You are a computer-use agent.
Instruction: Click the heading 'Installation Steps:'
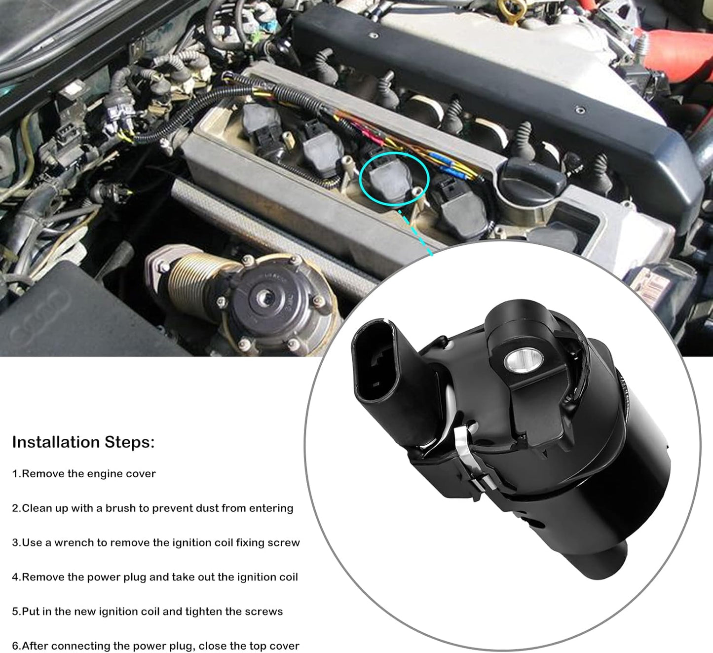[83, 442]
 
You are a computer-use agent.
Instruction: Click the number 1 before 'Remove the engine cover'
[15, 474]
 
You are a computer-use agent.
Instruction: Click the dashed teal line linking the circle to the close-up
[414, 232]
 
